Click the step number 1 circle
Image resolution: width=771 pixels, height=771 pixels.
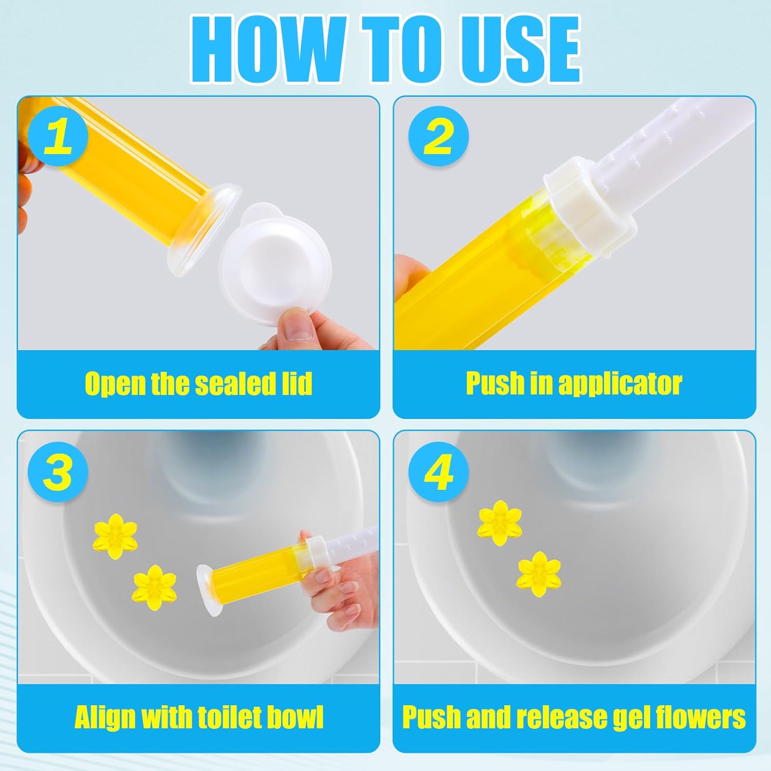[58, 137]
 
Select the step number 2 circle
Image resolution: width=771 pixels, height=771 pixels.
[438, 136]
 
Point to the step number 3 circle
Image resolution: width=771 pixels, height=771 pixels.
[58, 472]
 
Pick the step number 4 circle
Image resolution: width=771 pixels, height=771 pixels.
[438, 472]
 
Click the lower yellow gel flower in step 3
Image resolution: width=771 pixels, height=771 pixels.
[155, 584]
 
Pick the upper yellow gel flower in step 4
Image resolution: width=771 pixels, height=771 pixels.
[500, 523]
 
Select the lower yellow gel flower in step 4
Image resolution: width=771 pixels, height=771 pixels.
[539, 574]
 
